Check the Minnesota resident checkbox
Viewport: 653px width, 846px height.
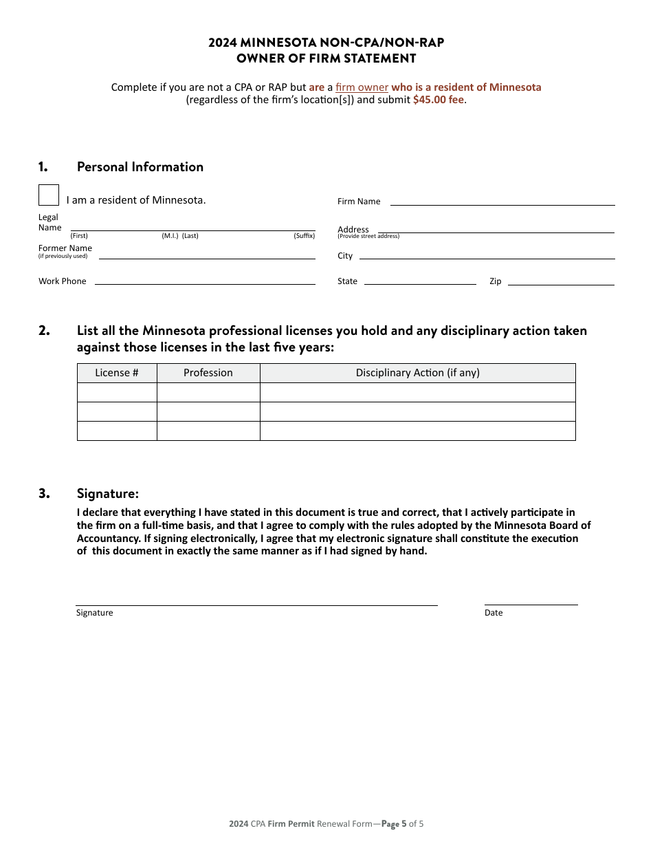point(49,195)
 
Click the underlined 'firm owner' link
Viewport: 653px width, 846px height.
point(362,87)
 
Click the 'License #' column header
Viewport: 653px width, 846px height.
point(117,373)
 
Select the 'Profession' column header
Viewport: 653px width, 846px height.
point(208,373)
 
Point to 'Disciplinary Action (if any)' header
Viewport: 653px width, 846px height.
point(417,373)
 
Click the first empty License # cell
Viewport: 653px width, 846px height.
point(117,393)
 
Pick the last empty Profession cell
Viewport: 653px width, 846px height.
point(208,431)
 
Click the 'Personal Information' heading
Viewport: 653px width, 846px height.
point(140,167)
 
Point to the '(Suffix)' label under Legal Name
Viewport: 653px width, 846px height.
point(304,236)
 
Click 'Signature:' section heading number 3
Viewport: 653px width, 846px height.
point(107,493)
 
